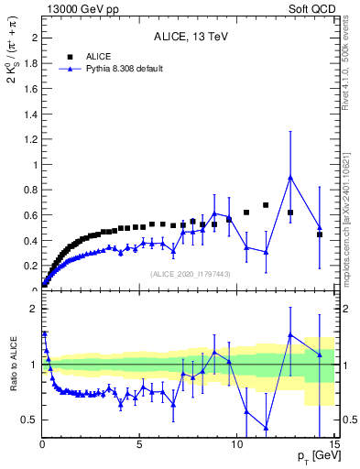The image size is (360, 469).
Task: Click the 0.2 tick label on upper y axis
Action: [x=29, y=267]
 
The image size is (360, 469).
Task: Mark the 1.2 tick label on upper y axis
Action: [x=29, y=139]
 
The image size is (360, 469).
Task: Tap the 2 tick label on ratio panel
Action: [x=33, y=309]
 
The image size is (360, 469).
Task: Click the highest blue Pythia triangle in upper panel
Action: [x=290, y=178]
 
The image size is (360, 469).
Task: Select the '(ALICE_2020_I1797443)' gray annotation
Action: [x=190, y=274]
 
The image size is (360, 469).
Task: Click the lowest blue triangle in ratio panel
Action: [x=266, y=428]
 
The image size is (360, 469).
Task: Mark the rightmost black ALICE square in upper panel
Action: [x=320, y=234]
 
